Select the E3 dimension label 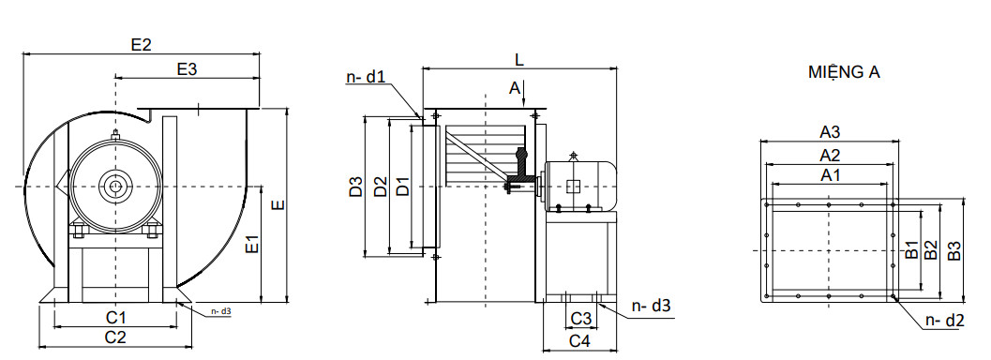pos(188,68)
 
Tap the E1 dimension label pos(253,245)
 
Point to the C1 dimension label pos(115,317)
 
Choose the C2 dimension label pos(115,337)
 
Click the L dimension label pos(519,59)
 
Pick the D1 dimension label pos(402,187)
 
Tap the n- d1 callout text pos(366,77)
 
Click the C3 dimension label pos(581,319)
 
